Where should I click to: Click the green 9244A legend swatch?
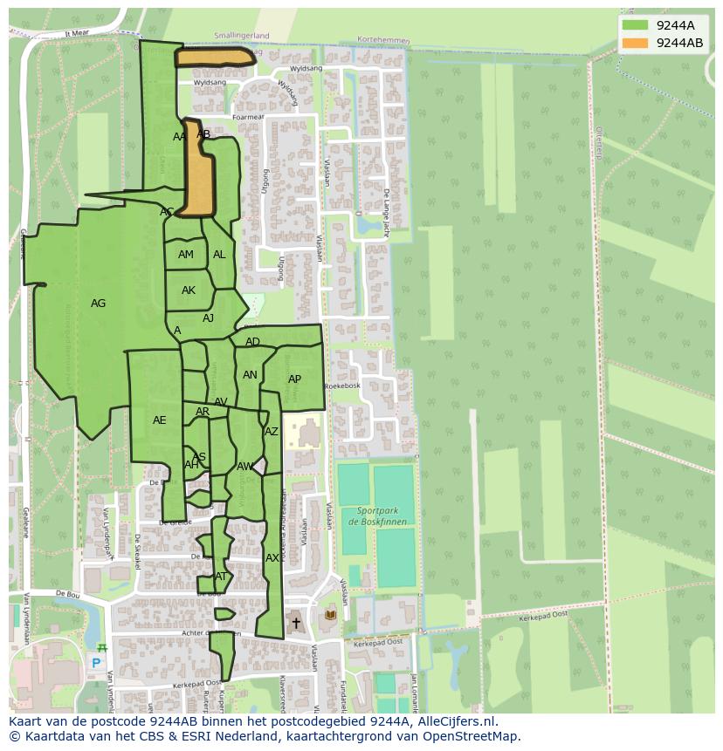636,25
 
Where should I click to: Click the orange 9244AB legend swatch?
636,43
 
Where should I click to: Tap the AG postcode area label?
98,304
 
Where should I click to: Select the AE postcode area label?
159,420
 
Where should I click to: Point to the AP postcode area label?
294,379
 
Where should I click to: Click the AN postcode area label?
250,375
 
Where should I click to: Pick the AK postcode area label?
189,290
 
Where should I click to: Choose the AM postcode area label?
186,255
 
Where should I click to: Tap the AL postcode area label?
219,255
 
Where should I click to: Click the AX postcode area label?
272,558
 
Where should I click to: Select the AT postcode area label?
221,577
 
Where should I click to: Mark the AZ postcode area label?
272,432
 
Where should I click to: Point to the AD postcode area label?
252,342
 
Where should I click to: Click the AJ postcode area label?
208,318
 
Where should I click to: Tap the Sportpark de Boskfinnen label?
377,516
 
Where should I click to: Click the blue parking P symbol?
96,663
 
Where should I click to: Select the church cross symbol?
296,623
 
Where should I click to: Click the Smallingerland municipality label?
242,36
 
